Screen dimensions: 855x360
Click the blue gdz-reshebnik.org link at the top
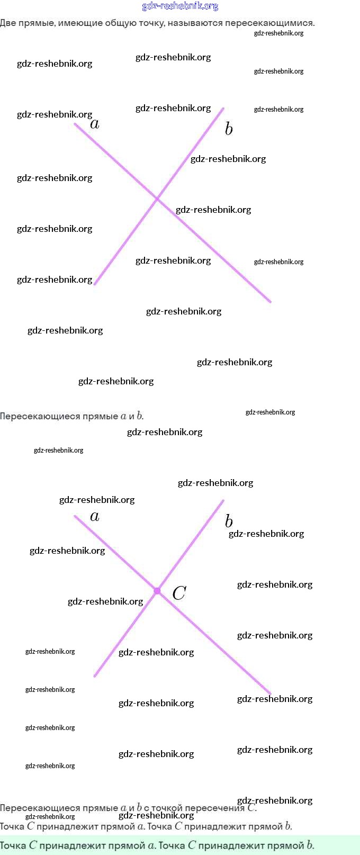tap(180, 6)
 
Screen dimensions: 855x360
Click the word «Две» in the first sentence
tap(8, 23)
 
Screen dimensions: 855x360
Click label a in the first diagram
tap(95, 124)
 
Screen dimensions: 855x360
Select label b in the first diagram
tap(229, 129)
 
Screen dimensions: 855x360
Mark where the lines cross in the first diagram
tap(157, 199)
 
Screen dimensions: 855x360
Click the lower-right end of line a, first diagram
tap(270, 302)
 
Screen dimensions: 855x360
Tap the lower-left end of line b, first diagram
tap(95, 284)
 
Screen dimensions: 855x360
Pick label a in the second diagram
tap(95, 517)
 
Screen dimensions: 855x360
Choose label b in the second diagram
tap(229, 521)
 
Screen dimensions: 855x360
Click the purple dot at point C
tap(157, 590)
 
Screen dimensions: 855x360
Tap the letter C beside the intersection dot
tap(179, 593)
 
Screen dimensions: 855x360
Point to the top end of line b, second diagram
tap(223, 501)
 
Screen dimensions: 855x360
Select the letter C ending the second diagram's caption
tap(251, 808)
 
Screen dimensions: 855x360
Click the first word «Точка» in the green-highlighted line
tap(13, 845)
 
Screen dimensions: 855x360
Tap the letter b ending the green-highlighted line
tap(310, 845)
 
